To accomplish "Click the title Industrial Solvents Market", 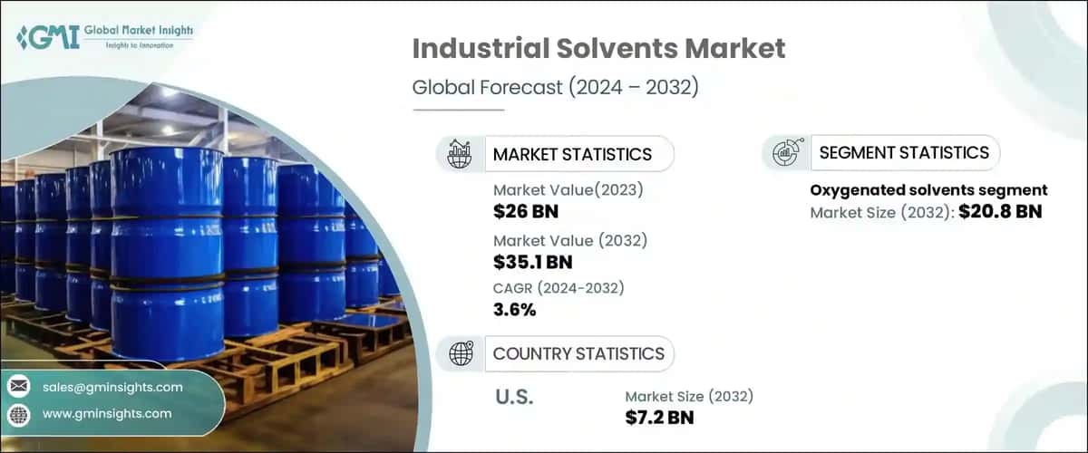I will pos(598,50).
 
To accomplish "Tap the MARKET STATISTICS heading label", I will pos(572,154).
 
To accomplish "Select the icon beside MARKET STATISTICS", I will pos(461,154).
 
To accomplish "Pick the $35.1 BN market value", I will pos(533,262).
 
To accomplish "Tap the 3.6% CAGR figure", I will pos(515,310).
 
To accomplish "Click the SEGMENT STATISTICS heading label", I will pos(904,153).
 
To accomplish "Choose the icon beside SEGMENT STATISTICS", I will pos(785,153).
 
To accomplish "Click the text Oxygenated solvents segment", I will pos(928,190).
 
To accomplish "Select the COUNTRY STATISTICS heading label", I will pos(578,353).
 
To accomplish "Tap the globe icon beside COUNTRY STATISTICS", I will pos(461,353).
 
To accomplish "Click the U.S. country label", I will pos(515,398).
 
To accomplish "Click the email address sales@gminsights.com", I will pos(112,387).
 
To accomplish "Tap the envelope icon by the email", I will pos(18,387).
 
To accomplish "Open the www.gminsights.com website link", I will pos(107,413).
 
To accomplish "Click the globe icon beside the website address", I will pos(18,414).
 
